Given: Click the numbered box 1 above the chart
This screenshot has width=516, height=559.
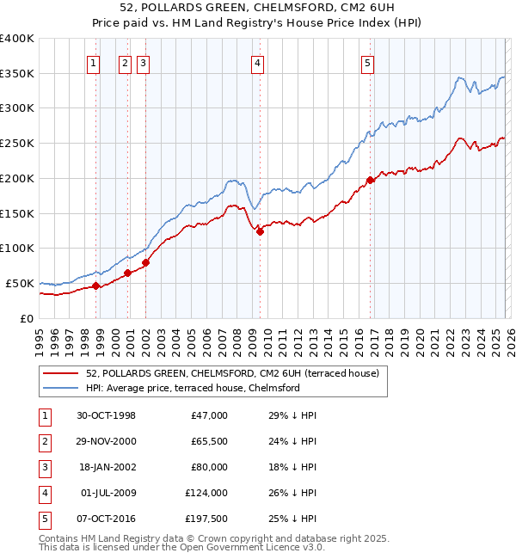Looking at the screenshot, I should coord(92,62).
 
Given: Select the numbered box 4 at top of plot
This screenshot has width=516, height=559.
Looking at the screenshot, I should coord(257,62).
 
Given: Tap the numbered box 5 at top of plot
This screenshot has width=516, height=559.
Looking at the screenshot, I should coord(367,62).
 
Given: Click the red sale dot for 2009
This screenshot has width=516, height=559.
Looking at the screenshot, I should coord(259,230).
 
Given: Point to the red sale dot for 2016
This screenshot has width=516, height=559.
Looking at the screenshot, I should coord(371,180).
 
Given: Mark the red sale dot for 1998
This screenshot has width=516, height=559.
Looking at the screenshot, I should coord(96,286).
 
